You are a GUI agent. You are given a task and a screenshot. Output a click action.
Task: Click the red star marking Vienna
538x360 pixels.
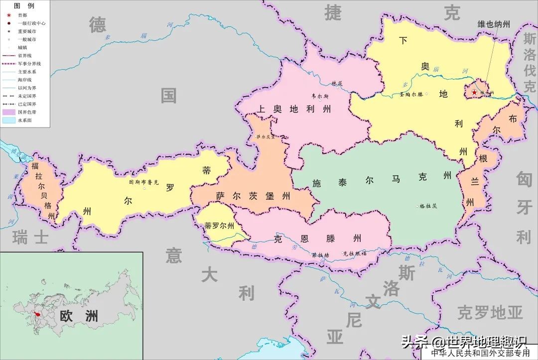coord(474,93)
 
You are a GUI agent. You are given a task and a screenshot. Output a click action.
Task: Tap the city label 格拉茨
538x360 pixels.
coord(428,206)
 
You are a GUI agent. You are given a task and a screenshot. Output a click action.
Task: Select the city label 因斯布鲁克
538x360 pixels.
coord(143,183)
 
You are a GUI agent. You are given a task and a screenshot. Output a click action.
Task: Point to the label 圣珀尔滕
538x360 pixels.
coord(411,94)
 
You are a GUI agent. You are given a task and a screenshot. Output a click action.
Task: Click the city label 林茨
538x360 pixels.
coord(337,83)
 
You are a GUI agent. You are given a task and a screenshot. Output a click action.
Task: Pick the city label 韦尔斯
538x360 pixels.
coord(320,96)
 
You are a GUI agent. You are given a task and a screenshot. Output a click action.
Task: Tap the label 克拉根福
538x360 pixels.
coord(354,253)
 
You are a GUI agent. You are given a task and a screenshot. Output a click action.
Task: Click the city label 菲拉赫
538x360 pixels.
coord(321,255)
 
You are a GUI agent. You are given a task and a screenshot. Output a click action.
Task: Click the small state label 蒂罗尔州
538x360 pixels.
coord(219,226)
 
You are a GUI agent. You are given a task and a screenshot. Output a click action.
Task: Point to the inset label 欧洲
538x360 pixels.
coord(79,316)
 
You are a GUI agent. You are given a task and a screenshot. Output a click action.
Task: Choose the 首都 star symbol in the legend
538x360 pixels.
coord(9,15)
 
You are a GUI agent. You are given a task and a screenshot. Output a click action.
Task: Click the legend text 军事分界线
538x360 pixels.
coord(29,64)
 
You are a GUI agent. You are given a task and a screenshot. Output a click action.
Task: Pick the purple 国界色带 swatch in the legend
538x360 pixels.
coord(9,113)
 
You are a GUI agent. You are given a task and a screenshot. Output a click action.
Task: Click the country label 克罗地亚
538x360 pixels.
coord(490,313)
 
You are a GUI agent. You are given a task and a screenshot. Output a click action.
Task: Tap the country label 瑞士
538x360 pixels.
coord(31,237)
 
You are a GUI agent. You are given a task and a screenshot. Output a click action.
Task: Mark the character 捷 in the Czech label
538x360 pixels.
coord(333,13)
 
